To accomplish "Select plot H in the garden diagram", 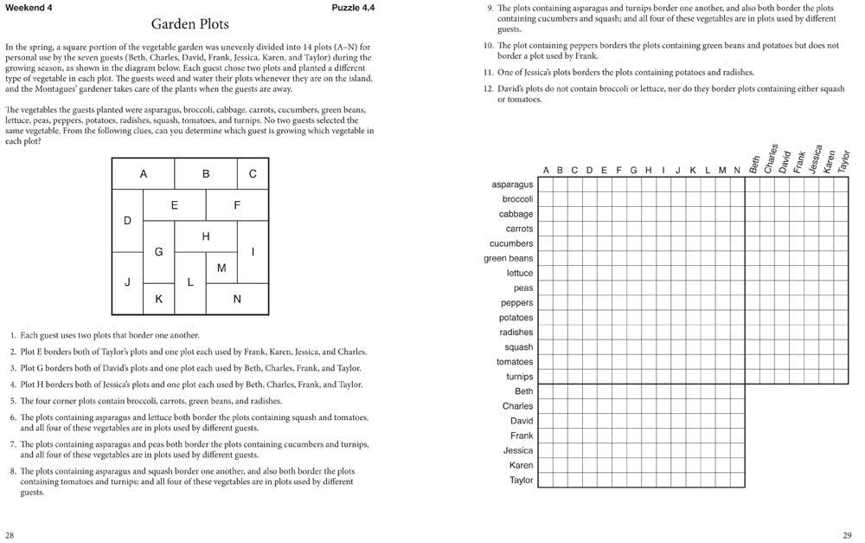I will coord(206,236).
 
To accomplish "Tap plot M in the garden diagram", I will coord(221,268).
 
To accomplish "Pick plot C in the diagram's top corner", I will coord(253,173).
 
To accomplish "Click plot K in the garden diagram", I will coord(158,299).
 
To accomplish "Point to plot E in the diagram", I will coord(175,205).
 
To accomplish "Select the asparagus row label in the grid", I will coord(512,184).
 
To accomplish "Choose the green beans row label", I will coord(509,258).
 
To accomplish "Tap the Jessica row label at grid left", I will coord(518,450).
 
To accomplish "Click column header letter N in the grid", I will coord(736,170).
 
